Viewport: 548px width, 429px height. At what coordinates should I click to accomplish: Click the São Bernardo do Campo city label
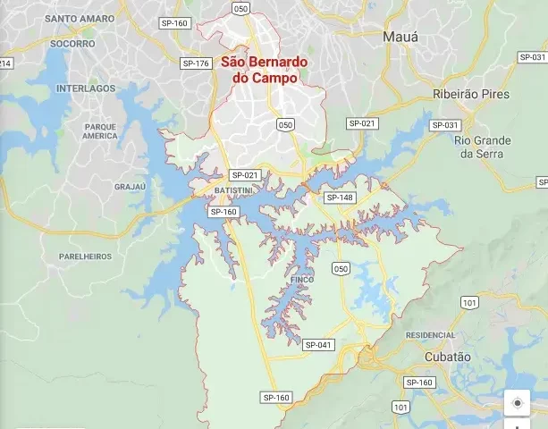[264, 71]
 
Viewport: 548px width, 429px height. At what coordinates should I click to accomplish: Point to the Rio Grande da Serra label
[483, 147]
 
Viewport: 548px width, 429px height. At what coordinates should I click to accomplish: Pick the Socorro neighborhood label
[72, 43]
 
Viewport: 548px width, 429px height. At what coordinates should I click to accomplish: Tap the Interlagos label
[86, 89]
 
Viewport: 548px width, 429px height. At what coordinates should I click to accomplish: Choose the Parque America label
[100, 131]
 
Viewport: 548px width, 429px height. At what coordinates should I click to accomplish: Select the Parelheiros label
[86, 256]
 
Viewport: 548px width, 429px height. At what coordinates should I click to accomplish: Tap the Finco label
[301, 280]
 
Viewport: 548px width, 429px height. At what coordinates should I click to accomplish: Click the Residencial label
[430, 334]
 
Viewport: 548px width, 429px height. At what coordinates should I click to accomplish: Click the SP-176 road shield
[195, 63]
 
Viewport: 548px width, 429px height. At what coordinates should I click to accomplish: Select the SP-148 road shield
[340, 198]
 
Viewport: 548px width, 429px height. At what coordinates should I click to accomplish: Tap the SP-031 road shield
[445, 125]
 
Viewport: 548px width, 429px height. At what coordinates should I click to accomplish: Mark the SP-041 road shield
[317, 345]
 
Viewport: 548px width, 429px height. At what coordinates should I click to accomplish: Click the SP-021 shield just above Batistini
[244, 175]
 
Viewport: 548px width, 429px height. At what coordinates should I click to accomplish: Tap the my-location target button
[517, 403]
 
